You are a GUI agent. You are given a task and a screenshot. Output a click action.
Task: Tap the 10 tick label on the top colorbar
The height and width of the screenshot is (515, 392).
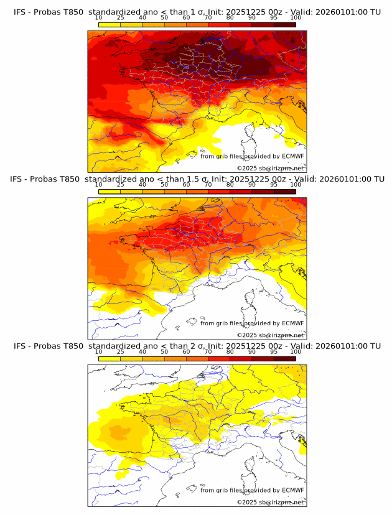click(x=99, y=17)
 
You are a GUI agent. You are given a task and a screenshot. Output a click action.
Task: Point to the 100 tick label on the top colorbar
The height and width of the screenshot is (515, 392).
click(x=296, y=17)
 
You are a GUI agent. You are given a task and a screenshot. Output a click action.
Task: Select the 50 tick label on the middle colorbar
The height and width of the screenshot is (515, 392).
click(x=164, y=185)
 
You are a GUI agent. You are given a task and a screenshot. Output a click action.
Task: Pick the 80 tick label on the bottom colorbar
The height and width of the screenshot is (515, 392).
click(x=230, y=351)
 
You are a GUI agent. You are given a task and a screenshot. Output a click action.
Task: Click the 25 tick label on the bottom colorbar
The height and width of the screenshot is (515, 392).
click(x=121, y=351)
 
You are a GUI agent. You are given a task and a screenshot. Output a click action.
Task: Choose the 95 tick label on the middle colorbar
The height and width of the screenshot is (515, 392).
click(x=274, y=185)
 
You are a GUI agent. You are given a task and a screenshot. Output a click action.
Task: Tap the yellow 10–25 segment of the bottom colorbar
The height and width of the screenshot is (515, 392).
click(x=110, y=358)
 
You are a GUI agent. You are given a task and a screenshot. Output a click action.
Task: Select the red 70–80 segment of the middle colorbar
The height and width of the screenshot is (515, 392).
click(x=219, y=191)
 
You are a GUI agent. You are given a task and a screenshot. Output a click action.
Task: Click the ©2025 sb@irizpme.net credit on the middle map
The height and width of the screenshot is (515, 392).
click(x=270, y=335)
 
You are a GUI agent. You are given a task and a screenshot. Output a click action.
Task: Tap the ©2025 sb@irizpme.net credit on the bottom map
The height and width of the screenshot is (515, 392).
click(x=270, y=502)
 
